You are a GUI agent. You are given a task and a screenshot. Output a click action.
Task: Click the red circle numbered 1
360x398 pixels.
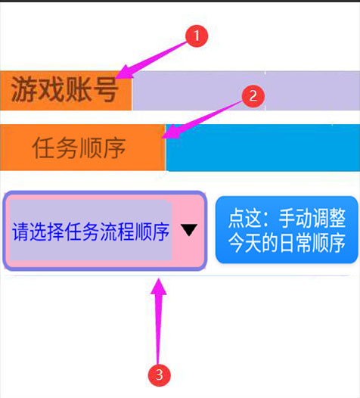click(197, 36)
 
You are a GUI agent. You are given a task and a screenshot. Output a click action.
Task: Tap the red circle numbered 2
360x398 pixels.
click(253, 96)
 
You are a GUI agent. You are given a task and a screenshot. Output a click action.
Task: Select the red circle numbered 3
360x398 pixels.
click(159, 375)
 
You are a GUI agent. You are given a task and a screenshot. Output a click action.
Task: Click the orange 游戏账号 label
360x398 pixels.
click(66, 91)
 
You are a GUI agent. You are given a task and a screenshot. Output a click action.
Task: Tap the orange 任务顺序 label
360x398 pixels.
click(82, 148)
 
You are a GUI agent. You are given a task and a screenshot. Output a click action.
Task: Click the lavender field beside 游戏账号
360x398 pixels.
click(246, 91)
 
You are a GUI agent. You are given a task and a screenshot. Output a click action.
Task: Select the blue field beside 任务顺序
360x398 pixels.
click(263, 148)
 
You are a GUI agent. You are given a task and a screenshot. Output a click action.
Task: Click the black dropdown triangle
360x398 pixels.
click(189, 230)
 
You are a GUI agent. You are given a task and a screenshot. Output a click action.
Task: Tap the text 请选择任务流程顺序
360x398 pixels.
click(91, 232)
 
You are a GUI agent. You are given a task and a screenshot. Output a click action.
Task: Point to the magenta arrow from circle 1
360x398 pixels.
click(151, 60)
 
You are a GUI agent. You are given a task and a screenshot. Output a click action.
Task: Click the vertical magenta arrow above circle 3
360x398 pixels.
click(159, 321)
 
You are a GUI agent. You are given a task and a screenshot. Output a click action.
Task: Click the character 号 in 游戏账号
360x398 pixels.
click(105, 89)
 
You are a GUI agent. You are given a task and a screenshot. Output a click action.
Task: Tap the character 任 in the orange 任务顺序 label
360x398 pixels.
click(44, 148)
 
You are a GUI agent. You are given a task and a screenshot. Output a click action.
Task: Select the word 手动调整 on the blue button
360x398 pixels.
click(312, 218)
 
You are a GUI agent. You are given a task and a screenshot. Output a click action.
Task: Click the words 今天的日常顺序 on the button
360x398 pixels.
click(287, 243)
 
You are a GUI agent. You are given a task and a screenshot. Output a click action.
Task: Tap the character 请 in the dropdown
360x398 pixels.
click(21, 232)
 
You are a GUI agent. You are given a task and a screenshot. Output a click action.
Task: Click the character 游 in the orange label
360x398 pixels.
click(24, 89)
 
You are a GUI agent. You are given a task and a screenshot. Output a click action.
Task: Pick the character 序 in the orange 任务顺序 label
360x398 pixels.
click(114, 148)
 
